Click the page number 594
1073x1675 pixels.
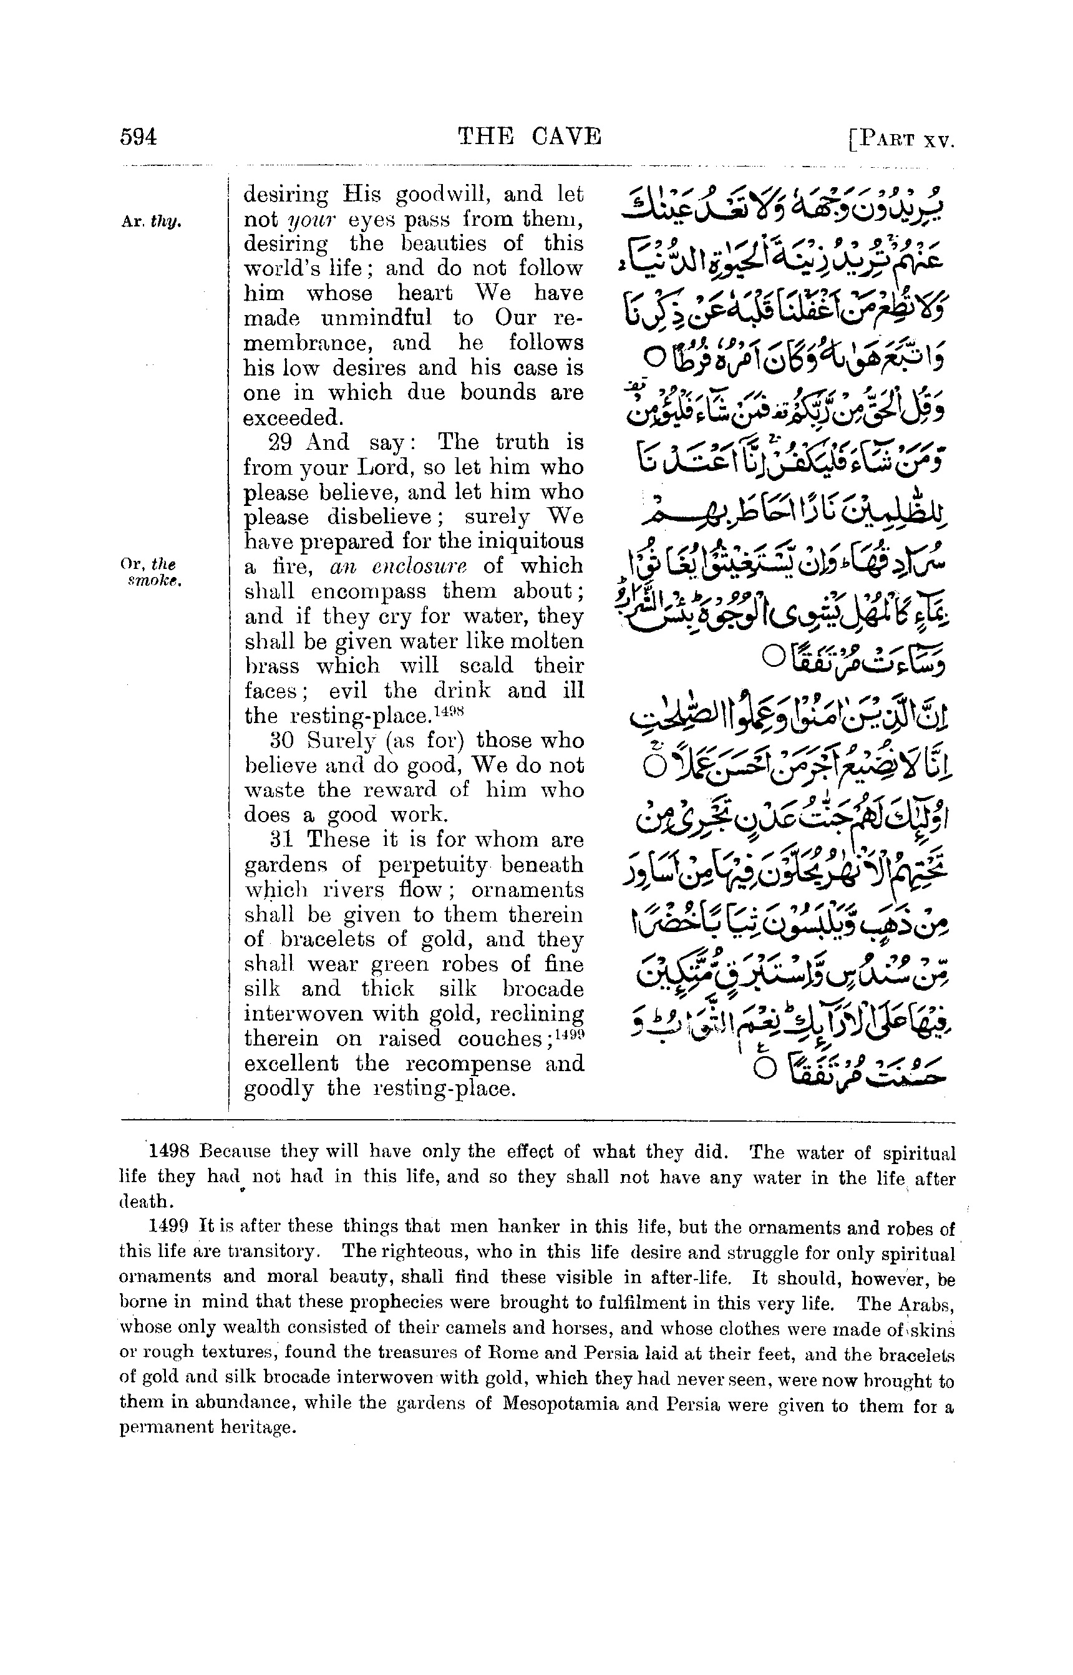138,137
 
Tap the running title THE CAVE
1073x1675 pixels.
529,136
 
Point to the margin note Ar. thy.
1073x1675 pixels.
151,222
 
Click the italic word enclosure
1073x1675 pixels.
409,567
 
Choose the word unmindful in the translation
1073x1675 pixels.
376,318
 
